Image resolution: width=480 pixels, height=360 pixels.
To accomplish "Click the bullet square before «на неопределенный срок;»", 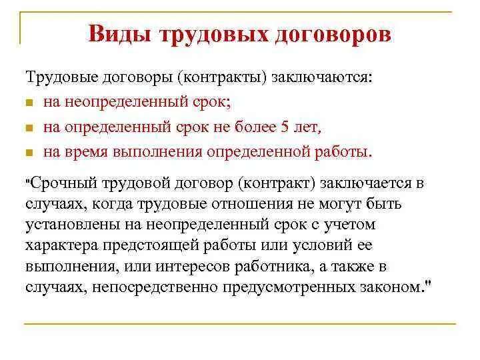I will [x=30, y=105].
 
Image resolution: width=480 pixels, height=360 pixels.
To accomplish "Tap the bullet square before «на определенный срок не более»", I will [x=30, y=127].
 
